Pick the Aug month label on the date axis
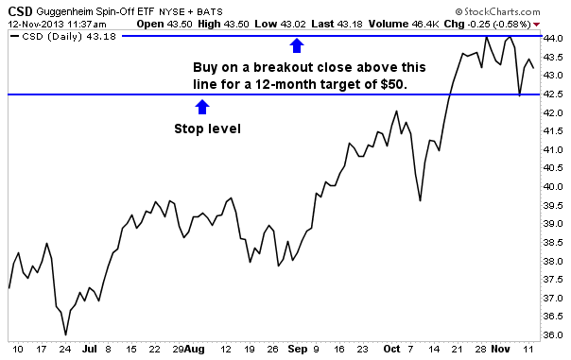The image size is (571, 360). click(x=195, y=349)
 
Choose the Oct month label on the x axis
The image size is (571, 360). click(x=393, y=349)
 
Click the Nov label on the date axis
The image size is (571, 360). click(x=500, y=349)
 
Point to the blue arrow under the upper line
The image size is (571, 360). click(x=297, y=44)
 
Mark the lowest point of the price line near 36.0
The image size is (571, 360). click(x=65, y=334)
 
